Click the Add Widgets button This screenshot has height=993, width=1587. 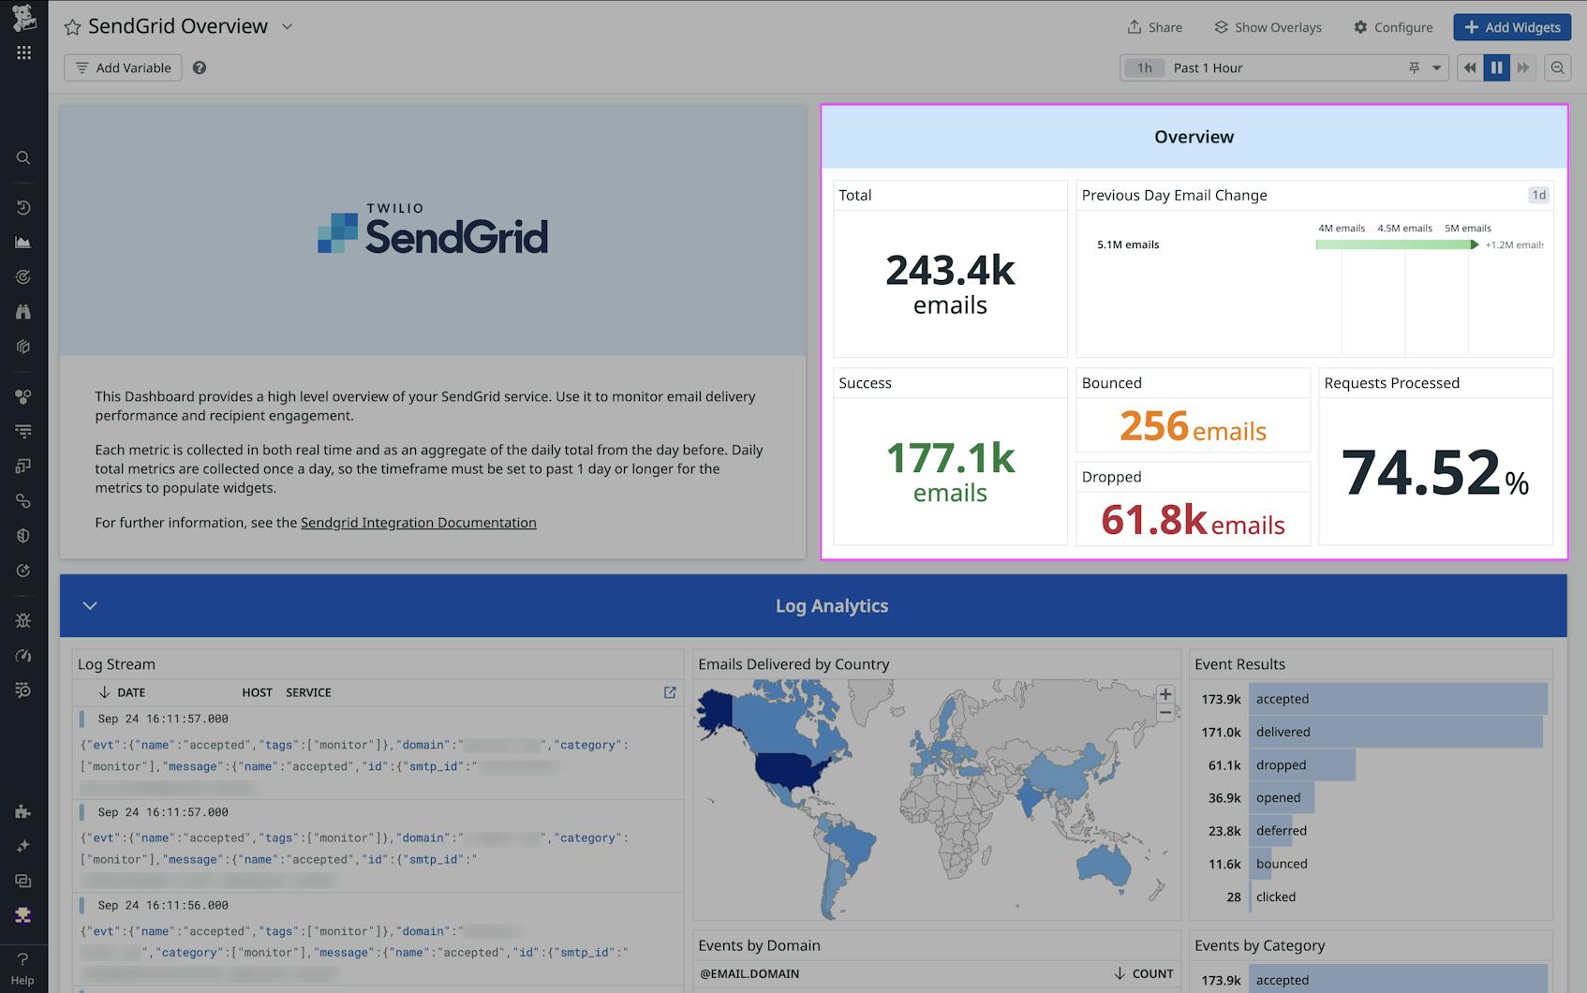[1512, 27]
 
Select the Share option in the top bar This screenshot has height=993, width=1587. [1154, 27]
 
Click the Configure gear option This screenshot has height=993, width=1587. [1393, 27]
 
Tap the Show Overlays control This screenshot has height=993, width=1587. [1268, 27]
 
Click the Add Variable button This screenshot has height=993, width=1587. [123, 67]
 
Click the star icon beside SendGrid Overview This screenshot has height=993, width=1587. [72, 27]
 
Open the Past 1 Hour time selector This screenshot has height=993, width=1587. [1283, 67]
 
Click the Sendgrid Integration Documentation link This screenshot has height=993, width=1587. [418, 523]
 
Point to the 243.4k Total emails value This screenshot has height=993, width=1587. [950, 271]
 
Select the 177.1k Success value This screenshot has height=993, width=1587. [950, 459]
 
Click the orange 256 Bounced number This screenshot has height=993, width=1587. [1154, 426]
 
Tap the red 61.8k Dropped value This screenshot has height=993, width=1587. [1154, 520]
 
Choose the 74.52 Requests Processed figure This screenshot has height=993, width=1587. [1421, 472]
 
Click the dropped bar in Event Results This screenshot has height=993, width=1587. [1302, 764]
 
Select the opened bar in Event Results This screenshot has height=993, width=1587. [1282, 798]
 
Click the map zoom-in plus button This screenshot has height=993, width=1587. [1165, 694]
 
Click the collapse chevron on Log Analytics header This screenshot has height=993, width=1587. [90, 605]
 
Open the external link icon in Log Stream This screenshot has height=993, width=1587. [670, 692]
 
